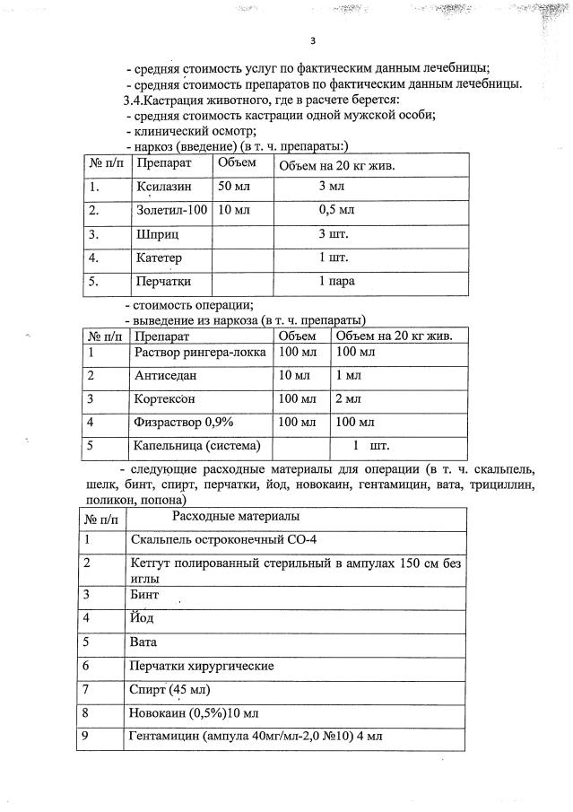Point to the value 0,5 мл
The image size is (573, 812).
(x=337, y=211)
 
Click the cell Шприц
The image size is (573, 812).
(x=158, y=234)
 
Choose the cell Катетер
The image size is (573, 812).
(x=161, y=258)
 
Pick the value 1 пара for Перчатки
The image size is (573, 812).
(x=337, y=281)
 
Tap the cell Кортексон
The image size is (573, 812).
(x=168, y=398)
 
